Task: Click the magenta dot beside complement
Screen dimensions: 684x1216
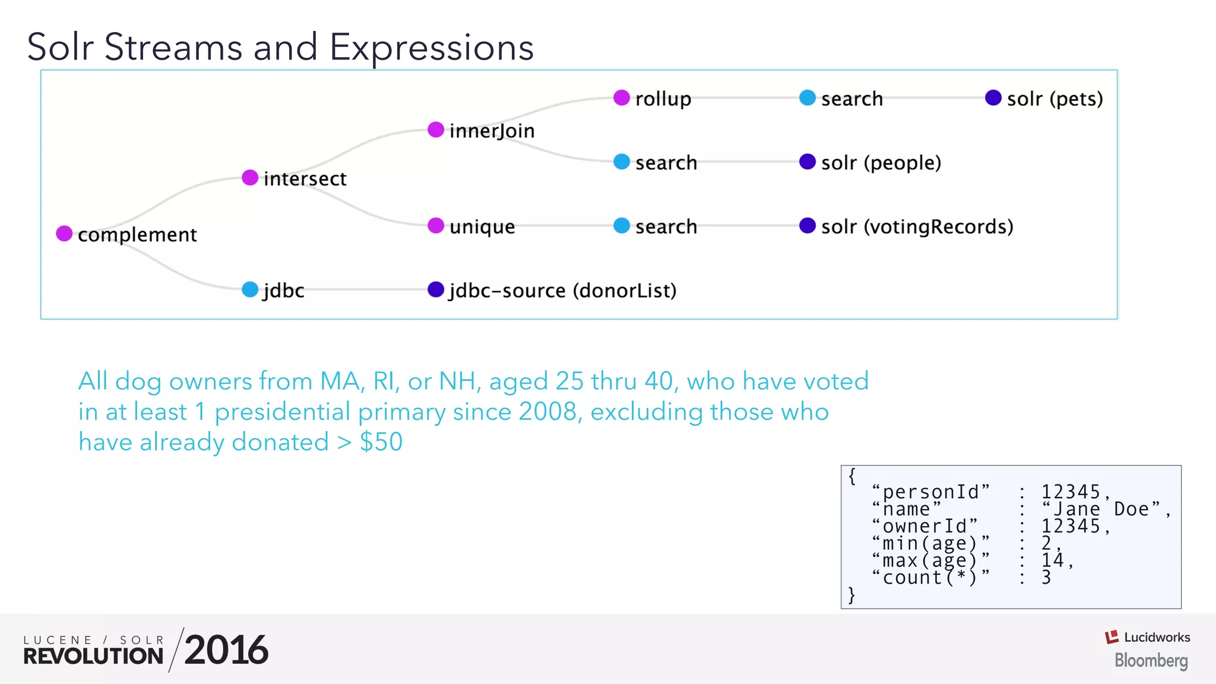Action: coord(64,233)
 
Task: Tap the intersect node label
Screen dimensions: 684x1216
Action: coord(305,179)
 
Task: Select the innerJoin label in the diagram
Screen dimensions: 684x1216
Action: coord(492,131)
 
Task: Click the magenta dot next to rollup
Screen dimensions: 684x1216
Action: coord(622,97)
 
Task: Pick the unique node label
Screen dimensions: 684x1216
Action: coord(482,227)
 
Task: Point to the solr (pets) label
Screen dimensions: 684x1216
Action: coord(1054,99)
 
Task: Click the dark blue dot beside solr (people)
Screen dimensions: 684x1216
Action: coord(807,161)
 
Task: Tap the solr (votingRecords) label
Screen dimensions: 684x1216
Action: coord(917,227)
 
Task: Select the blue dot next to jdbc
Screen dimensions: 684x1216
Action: coord(250,290)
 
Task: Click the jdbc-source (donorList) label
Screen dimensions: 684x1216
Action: coord(562,291)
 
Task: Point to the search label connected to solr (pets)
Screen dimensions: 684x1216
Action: coord(851,99)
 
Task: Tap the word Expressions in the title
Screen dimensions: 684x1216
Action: coord(432,47)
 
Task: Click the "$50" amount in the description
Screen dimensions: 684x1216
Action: coord(381,442)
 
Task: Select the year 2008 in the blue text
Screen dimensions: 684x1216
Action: coord(547,411)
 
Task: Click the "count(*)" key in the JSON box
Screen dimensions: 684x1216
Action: coord(930,577)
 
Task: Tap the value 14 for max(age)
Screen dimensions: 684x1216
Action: coord(1052,560)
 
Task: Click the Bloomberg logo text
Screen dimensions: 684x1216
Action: coord(1151,660)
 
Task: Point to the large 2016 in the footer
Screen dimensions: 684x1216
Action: coord(226,650)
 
